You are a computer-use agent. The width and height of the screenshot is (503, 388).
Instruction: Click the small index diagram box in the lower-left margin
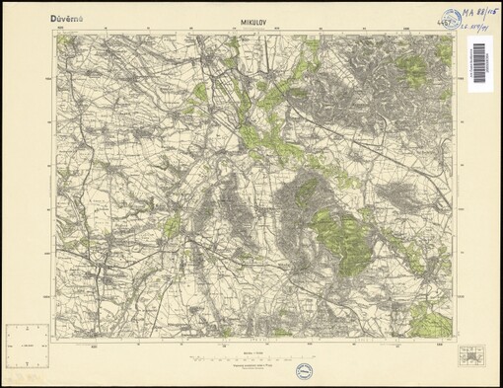(26, 346)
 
